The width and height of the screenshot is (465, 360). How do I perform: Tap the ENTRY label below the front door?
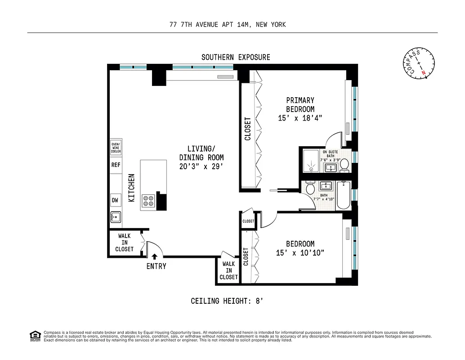(x=156, y=266)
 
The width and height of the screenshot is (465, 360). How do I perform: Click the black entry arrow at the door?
(x=155, y=256)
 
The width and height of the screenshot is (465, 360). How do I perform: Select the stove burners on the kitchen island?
(x=148, y=201)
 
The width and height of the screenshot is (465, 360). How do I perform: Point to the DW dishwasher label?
(x=116, y=200)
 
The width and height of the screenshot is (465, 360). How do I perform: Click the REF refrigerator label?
(x=116, y=165)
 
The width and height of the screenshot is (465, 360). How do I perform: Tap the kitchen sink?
(x=116, y=217)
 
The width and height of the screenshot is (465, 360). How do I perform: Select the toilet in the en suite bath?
(x=344, y=165)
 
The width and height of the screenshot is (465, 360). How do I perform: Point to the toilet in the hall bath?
(x=310, y=189)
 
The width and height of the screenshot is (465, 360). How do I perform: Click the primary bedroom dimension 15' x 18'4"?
(x=300, y=118)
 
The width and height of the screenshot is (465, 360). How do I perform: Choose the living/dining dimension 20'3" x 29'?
(x=201, y=166)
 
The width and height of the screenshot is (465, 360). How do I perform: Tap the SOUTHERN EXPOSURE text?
(x=236, y=57)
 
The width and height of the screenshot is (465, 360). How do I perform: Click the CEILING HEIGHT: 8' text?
(x=226, y=301)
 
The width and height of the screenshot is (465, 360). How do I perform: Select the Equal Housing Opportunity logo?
(x=34, y=335)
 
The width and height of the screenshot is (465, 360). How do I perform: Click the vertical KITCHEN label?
(x=132, y=187)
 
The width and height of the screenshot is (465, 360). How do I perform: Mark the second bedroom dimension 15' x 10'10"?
(x=300, y=253)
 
